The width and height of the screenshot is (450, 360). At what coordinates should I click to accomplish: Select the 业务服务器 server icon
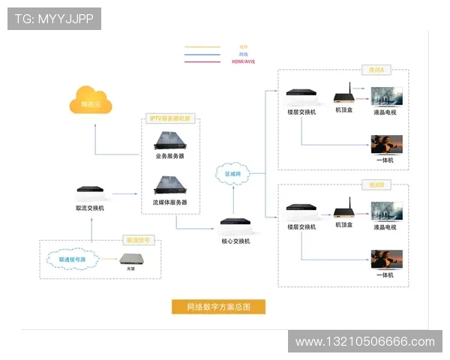170,140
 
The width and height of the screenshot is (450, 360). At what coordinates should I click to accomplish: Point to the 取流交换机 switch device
91,193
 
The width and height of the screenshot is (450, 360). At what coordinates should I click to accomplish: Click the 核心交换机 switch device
235,223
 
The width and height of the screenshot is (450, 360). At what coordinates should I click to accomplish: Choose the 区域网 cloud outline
233,173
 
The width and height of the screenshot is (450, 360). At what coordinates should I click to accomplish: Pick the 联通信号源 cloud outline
72,260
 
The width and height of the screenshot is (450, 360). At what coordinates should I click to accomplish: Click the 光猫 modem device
134,259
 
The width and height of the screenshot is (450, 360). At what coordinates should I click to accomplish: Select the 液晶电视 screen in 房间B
387,211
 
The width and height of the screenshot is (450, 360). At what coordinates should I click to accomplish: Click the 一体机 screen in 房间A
387,144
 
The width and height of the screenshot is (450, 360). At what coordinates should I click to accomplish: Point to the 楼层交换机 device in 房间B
301,210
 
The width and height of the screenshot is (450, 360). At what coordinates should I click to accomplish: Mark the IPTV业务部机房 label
171,118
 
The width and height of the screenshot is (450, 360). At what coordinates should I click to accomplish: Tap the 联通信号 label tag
138,241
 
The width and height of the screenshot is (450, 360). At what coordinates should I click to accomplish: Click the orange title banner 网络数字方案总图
218,306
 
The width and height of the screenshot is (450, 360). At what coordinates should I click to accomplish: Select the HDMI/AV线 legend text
244,61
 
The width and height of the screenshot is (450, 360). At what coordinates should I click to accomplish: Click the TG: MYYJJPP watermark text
54,18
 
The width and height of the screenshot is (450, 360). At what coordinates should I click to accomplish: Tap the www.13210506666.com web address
364,341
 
